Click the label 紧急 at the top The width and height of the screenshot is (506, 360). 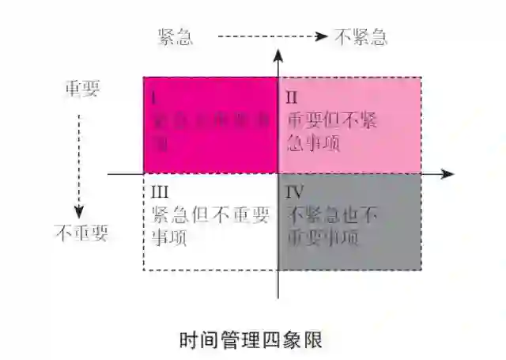tap(176, 36)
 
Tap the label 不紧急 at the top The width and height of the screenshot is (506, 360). tap(361, 36)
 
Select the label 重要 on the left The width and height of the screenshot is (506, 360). tap(82, 89)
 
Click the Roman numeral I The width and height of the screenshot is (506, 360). tap(153, 98)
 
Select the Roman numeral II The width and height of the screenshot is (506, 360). tap(292, 98)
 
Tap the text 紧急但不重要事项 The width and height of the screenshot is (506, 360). tap(210, 225)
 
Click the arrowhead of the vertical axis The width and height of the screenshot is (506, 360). tap(278, 54)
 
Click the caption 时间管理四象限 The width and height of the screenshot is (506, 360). tap(251, 339)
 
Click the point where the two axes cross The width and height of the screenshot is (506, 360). tap(278, 173)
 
